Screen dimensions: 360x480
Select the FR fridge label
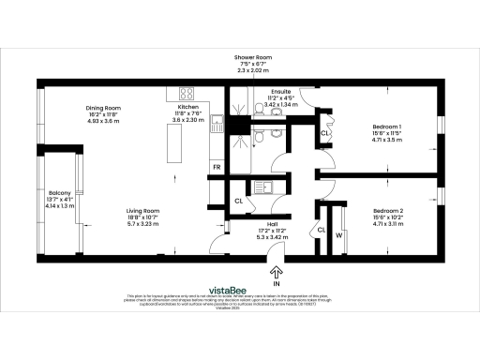217,168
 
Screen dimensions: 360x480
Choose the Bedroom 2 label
386,211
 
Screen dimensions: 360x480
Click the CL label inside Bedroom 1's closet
324,134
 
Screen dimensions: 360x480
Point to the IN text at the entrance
277,282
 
